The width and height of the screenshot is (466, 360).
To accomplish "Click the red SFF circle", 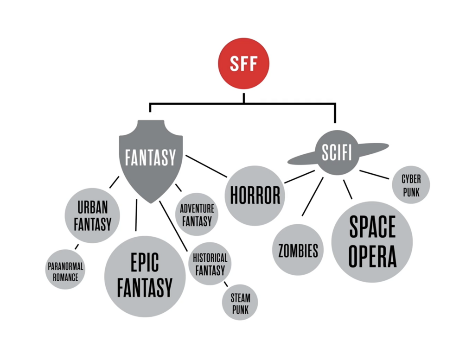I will (244, 63).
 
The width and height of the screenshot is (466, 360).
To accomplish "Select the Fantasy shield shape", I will (151, 158).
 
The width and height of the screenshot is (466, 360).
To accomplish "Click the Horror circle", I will (255, 195).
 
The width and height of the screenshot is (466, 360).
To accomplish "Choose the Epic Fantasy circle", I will (145, 276).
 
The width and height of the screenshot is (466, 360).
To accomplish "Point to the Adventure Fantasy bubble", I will (197, 214).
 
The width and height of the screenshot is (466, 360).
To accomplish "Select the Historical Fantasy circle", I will (210, 264).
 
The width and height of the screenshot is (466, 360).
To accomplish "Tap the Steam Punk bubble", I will (240, 303).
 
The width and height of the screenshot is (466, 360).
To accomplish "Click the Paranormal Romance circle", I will (65, 271).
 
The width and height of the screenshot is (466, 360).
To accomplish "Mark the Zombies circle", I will (298, 251).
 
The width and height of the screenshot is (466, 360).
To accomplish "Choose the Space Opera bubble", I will (372, 241).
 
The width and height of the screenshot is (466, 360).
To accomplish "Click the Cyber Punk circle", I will (411, 185).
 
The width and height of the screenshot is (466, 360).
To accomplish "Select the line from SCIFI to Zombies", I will (312, 196).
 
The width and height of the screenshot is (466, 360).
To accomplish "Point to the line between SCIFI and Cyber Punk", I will (374, 174).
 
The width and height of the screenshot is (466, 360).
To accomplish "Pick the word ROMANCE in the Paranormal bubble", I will (65, 277).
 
